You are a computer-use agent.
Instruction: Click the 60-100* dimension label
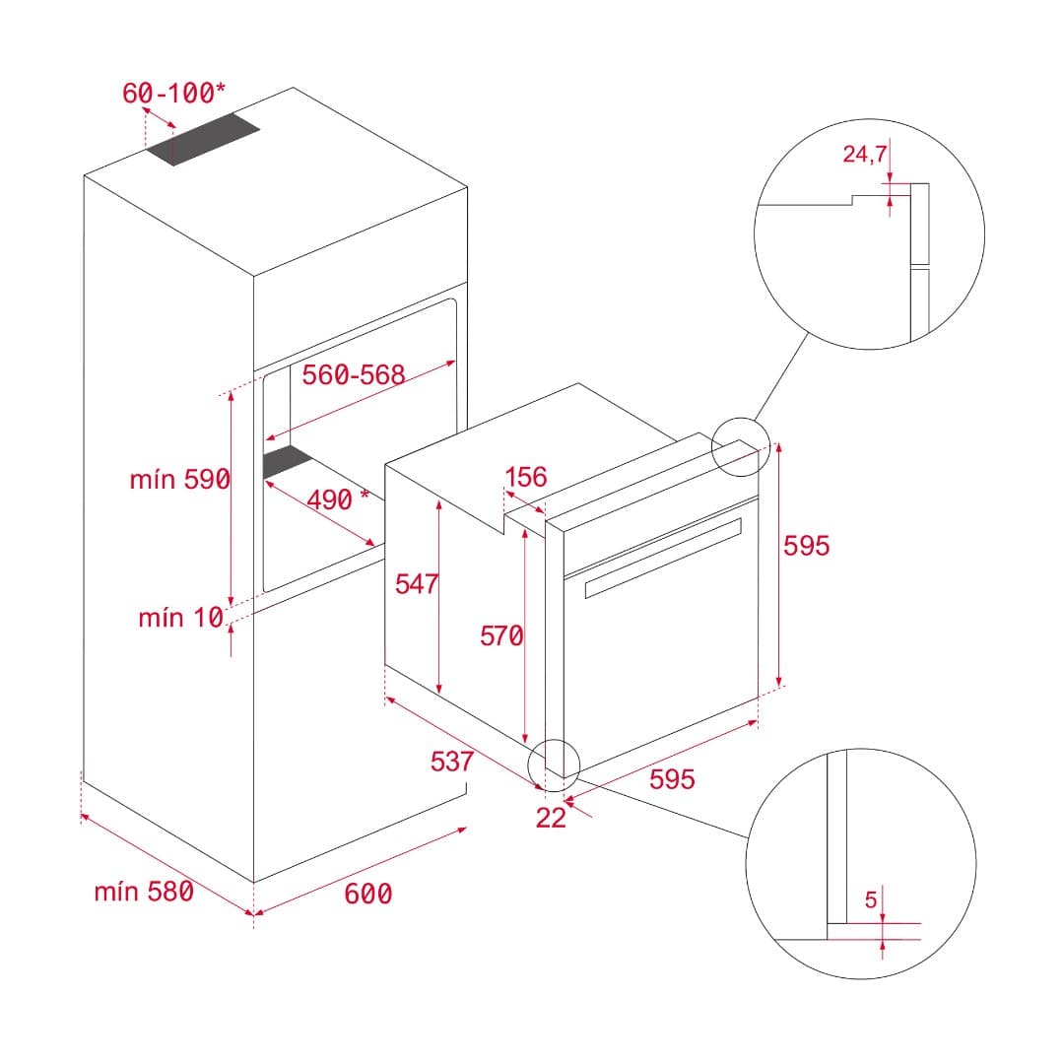(173, 94)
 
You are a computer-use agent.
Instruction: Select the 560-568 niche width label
(354, 375)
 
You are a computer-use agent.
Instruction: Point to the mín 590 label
(179, 480)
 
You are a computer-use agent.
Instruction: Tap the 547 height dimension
(416, 584)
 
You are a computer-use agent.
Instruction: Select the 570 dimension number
(501, 636)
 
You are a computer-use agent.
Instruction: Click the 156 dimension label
(525, 478)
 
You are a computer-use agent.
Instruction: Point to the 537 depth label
(452, 761)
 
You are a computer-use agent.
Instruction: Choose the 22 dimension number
(551, 818)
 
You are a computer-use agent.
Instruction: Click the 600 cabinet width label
(368, 894)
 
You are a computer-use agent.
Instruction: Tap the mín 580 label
(144, 892)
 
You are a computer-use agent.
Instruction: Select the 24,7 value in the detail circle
(865, 154)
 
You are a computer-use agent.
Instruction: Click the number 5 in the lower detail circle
(870, 899)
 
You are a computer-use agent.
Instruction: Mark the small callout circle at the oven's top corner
(739, 446)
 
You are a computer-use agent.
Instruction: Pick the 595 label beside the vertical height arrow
(806, 546)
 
